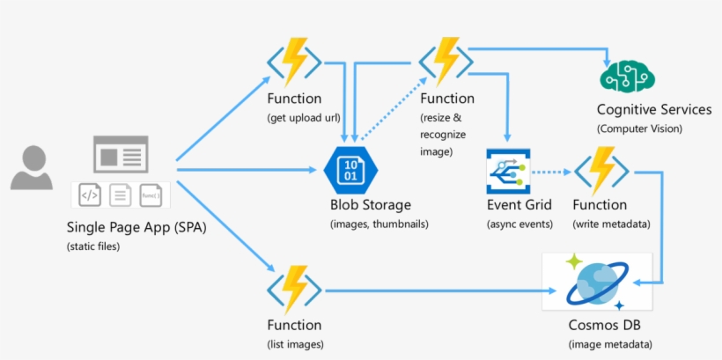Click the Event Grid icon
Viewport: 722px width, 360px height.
pos(507,172)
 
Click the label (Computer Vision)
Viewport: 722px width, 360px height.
pos(639,129)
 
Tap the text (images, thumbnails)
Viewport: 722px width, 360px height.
pos(379,224)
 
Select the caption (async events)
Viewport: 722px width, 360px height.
pos(520,224)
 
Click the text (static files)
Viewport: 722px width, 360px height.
pos(93,246)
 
